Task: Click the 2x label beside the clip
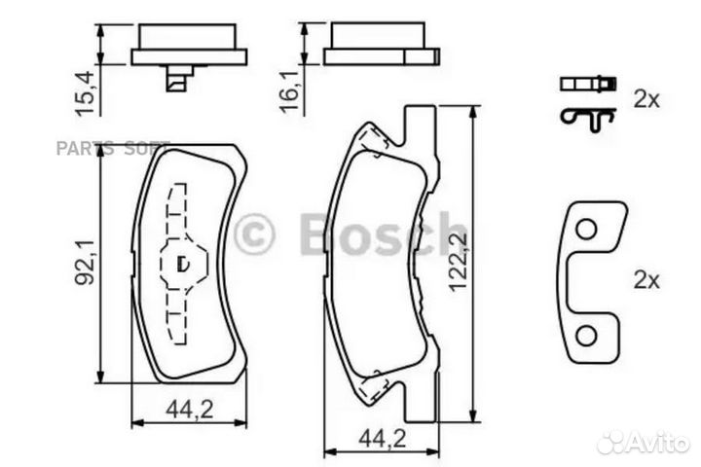pyautogui.click(x=646, y=98)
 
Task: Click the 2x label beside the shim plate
pyautogui.click(x=646, y=280)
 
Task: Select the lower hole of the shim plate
pyautogui.click(x=585, y=336)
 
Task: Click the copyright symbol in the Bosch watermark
pyautogui.click(x=255, y=234)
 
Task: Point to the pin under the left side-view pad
pyautogui.click(x=177, y=80)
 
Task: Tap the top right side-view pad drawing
pyautogui.click(x=380, y=44)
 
